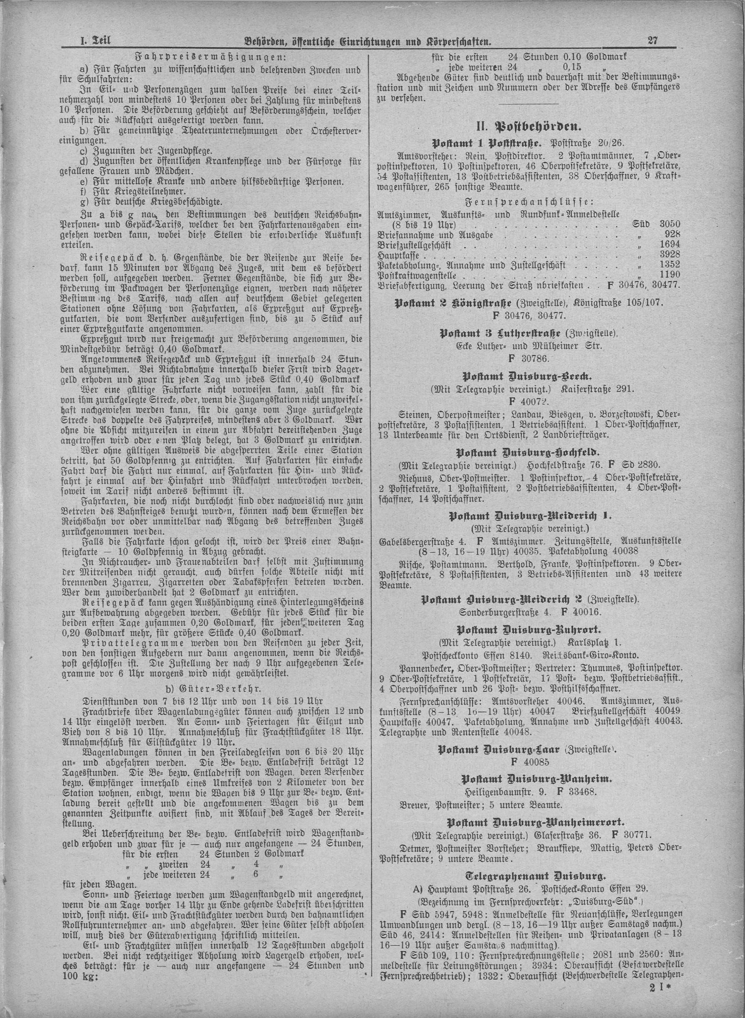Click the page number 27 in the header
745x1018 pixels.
click(653, 41)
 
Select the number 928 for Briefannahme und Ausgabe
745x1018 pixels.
click(672, 235)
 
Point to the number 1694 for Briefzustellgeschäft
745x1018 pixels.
click(669, 245)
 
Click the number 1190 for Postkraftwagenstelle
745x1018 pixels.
click(669, 274)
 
